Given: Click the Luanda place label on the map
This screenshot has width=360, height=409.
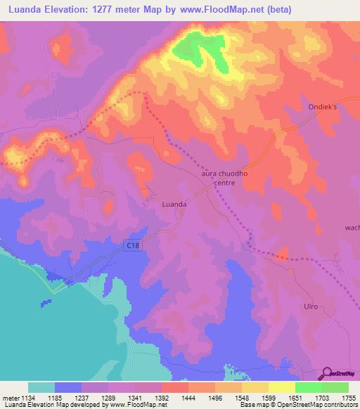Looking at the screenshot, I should (x=174, y=204).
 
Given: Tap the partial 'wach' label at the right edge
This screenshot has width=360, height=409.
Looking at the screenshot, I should (x=352, y=228).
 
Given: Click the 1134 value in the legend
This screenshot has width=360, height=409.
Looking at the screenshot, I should (x=29, y=397).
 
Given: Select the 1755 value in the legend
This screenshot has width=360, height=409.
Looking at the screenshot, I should (x=348, y=397).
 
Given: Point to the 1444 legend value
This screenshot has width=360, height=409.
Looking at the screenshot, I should (x=188, y=397).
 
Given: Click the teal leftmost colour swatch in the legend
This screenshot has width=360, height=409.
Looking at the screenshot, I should (x=41, y=387).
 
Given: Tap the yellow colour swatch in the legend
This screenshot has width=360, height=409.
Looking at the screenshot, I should (x=281, y=387).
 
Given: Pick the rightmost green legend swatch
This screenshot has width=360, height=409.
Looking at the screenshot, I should (x=335, y=387).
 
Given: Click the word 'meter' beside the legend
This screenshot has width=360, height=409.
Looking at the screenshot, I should (x=9, y=397).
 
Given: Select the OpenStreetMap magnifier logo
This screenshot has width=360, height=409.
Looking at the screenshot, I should (x=326, y=372).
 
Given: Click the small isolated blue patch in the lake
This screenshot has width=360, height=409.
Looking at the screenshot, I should (x=46, y=303).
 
